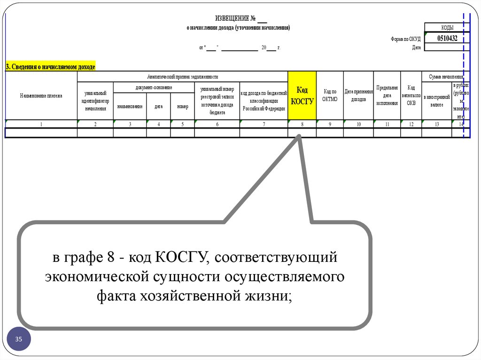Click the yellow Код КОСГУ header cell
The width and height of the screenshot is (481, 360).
click(302, 95)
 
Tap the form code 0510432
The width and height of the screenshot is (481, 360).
click(447, 38)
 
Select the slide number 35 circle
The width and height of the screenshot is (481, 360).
click(19, 339)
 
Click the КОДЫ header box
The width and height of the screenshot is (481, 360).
click(447, 28)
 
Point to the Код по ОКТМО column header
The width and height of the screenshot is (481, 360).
click(330, 95)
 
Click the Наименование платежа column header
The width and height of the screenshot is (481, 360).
click(41, 96)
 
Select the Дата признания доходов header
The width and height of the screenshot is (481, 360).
click(358, 95)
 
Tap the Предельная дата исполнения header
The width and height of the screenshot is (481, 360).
click(387, 95)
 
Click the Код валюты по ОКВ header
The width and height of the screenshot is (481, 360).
click(411, 95)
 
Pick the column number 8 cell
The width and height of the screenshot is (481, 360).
click(302, 124)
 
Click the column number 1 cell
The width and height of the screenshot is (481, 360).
click(41, 124)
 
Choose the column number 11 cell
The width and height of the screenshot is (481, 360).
click(387, 124)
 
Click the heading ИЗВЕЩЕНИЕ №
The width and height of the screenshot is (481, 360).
click(235, 18)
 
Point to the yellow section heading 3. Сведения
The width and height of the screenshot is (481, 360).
click(50, 67)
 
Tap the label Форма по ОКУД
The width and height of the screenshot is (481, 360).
click(405, 39)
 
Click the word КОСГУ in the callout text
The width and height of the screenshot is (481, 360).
click(181, 257)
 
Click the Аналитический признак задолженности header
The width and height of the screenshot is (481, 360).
click(182, 77)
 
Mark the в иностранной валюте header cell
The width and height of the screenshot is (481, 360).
click(436, 100)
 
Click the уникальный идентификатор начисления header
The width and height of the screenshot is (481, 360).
click(95, 100)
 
